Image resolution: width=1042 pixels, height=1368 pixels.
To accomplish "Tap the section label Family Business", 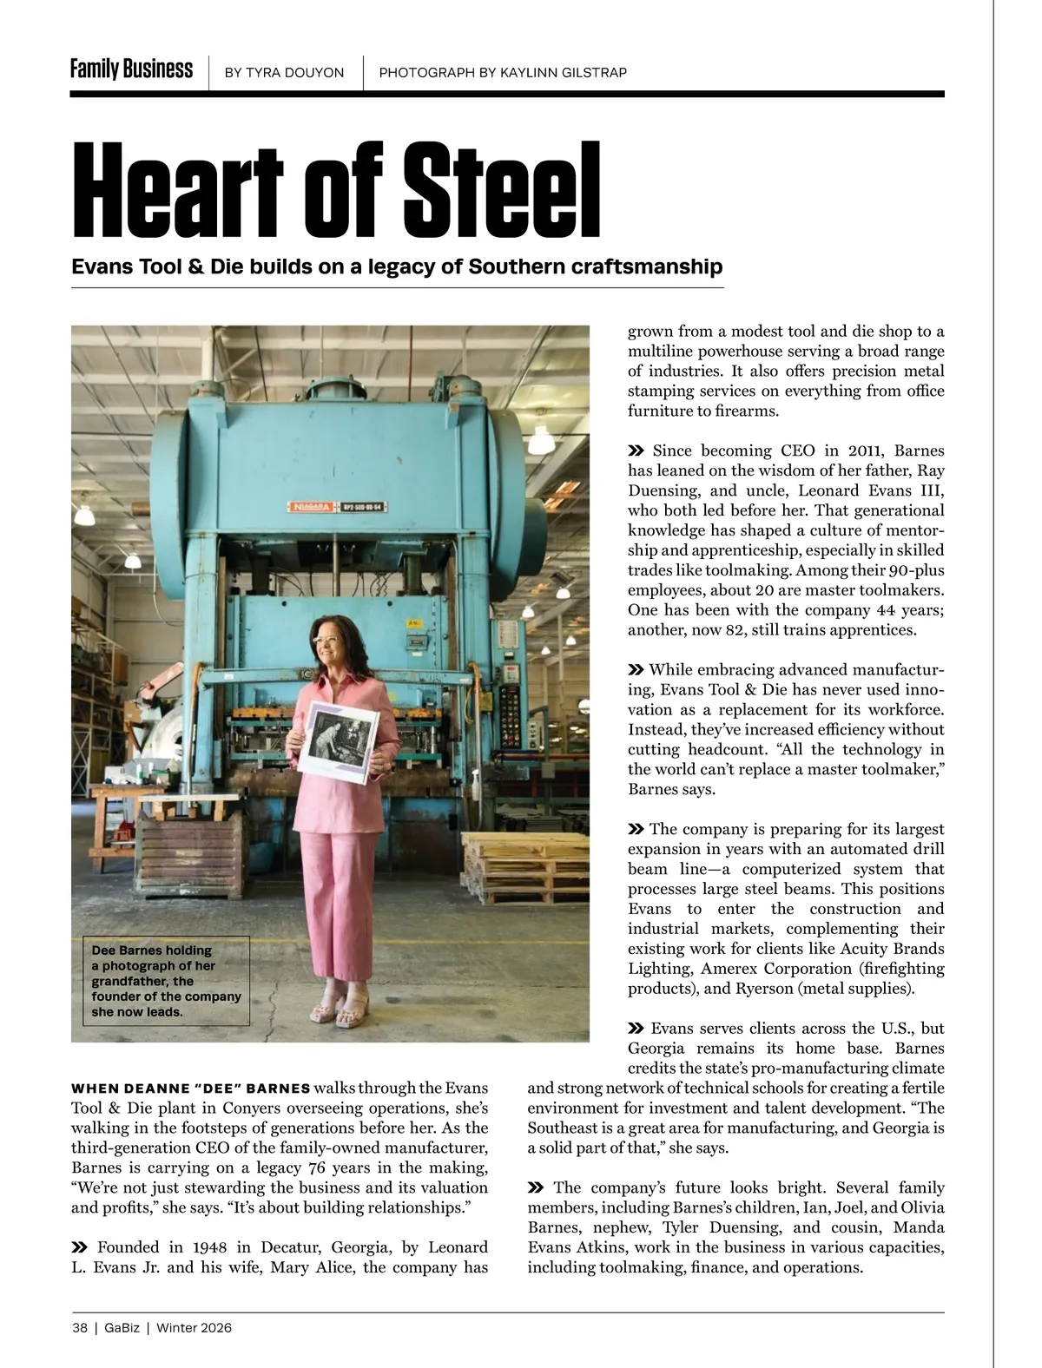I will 131,69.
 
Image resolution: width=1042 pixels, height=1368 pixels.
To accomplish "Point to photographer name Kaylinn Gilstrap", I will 563,73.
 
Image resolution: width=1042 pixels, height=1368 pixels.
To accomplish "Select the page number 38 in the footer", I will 80,1327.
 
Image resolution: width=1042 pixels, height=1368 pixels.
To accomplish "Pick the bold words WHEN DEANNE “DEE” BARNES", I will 190,1088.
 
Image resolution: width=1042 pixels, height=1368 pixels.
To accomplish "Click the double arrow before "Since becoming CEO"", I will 636,451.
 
